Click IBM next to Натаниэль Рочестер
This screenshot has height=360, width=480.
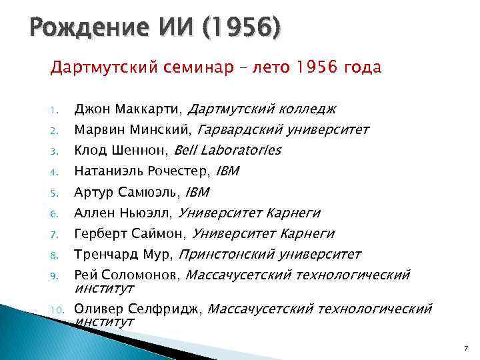(x=227, y=171)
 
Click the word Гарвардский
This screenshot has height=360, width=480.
(x=240, y=129)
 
